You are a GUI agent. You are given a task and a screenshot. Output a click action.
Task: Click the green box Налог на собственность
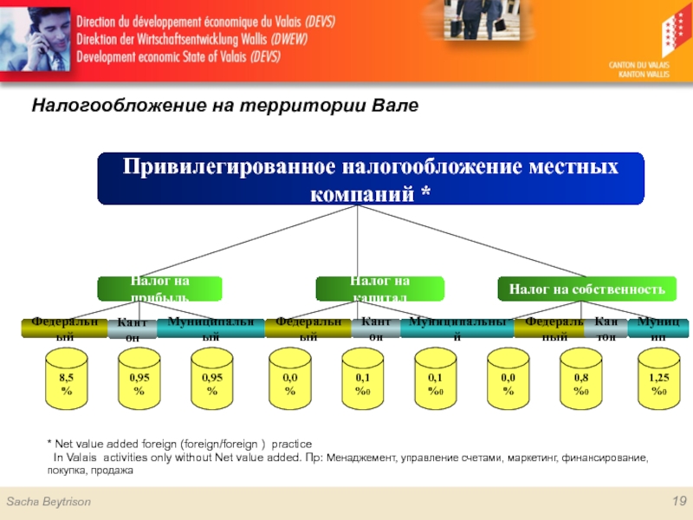(586, 289)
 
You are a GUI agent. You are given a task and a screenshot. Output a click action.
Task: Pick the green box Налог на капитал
(379, 289)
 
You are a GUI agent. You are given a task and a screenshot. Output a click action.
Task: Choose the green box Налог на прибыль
(159, 289)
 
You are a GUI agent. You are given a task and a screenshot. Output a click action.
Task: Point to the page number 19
(678, 503)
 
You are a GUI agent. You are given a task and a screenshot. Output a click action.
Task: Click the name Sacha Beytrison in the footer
(49, 503)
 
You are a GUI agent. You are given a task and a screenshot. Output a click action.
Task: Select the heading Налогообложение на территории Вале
(225, 106)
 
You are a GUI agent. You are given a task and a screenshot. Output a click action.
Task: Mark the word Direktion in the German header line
(104, 40)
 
